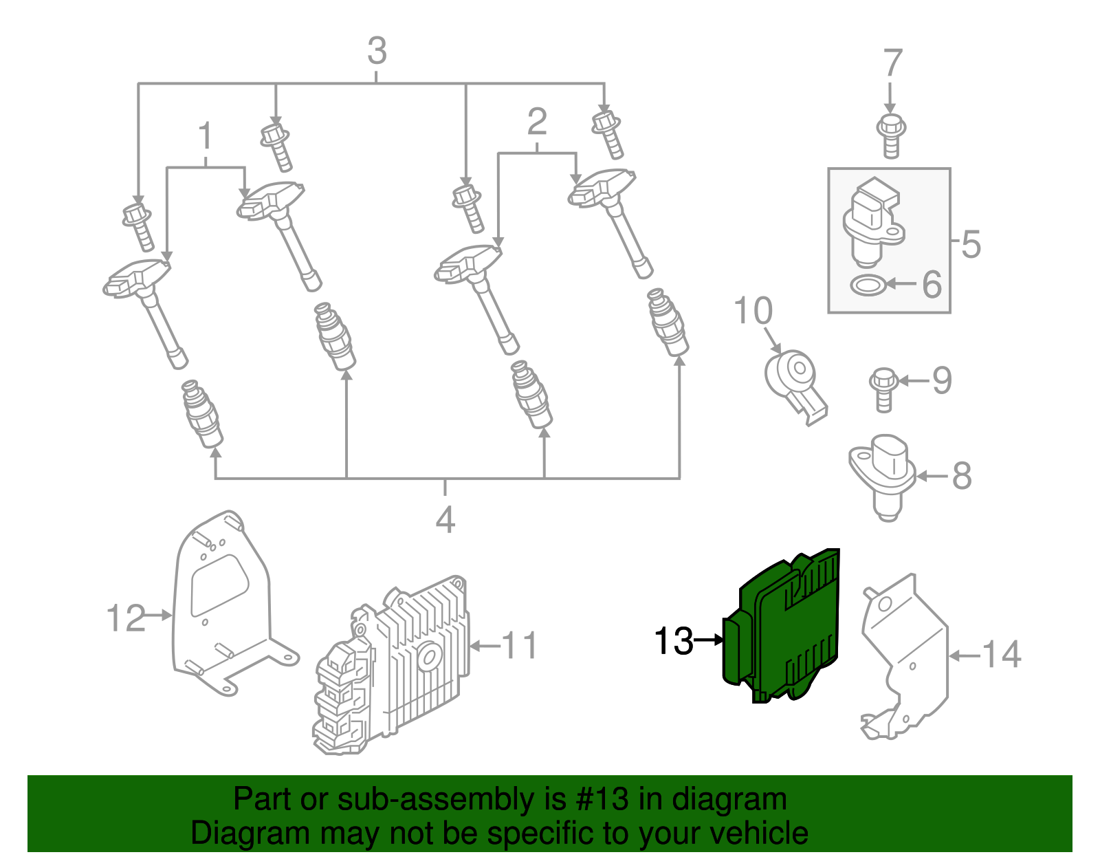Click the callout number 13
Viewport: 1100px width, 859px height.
673,641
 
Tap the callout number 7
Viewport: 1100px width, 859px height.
892,63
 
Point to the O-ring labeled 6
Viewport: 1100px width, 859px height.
867,284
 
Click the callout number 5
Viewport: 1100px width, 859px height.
971,243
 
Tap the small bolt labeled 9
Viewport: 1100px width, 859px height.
883,389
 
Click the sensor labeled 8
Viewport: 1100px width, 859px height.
883,475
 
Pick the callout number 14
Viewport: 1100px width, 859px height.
1002,654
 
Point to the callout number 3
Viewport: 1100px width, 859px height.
377,52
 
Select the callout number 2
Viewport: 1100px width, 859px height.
537,122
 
